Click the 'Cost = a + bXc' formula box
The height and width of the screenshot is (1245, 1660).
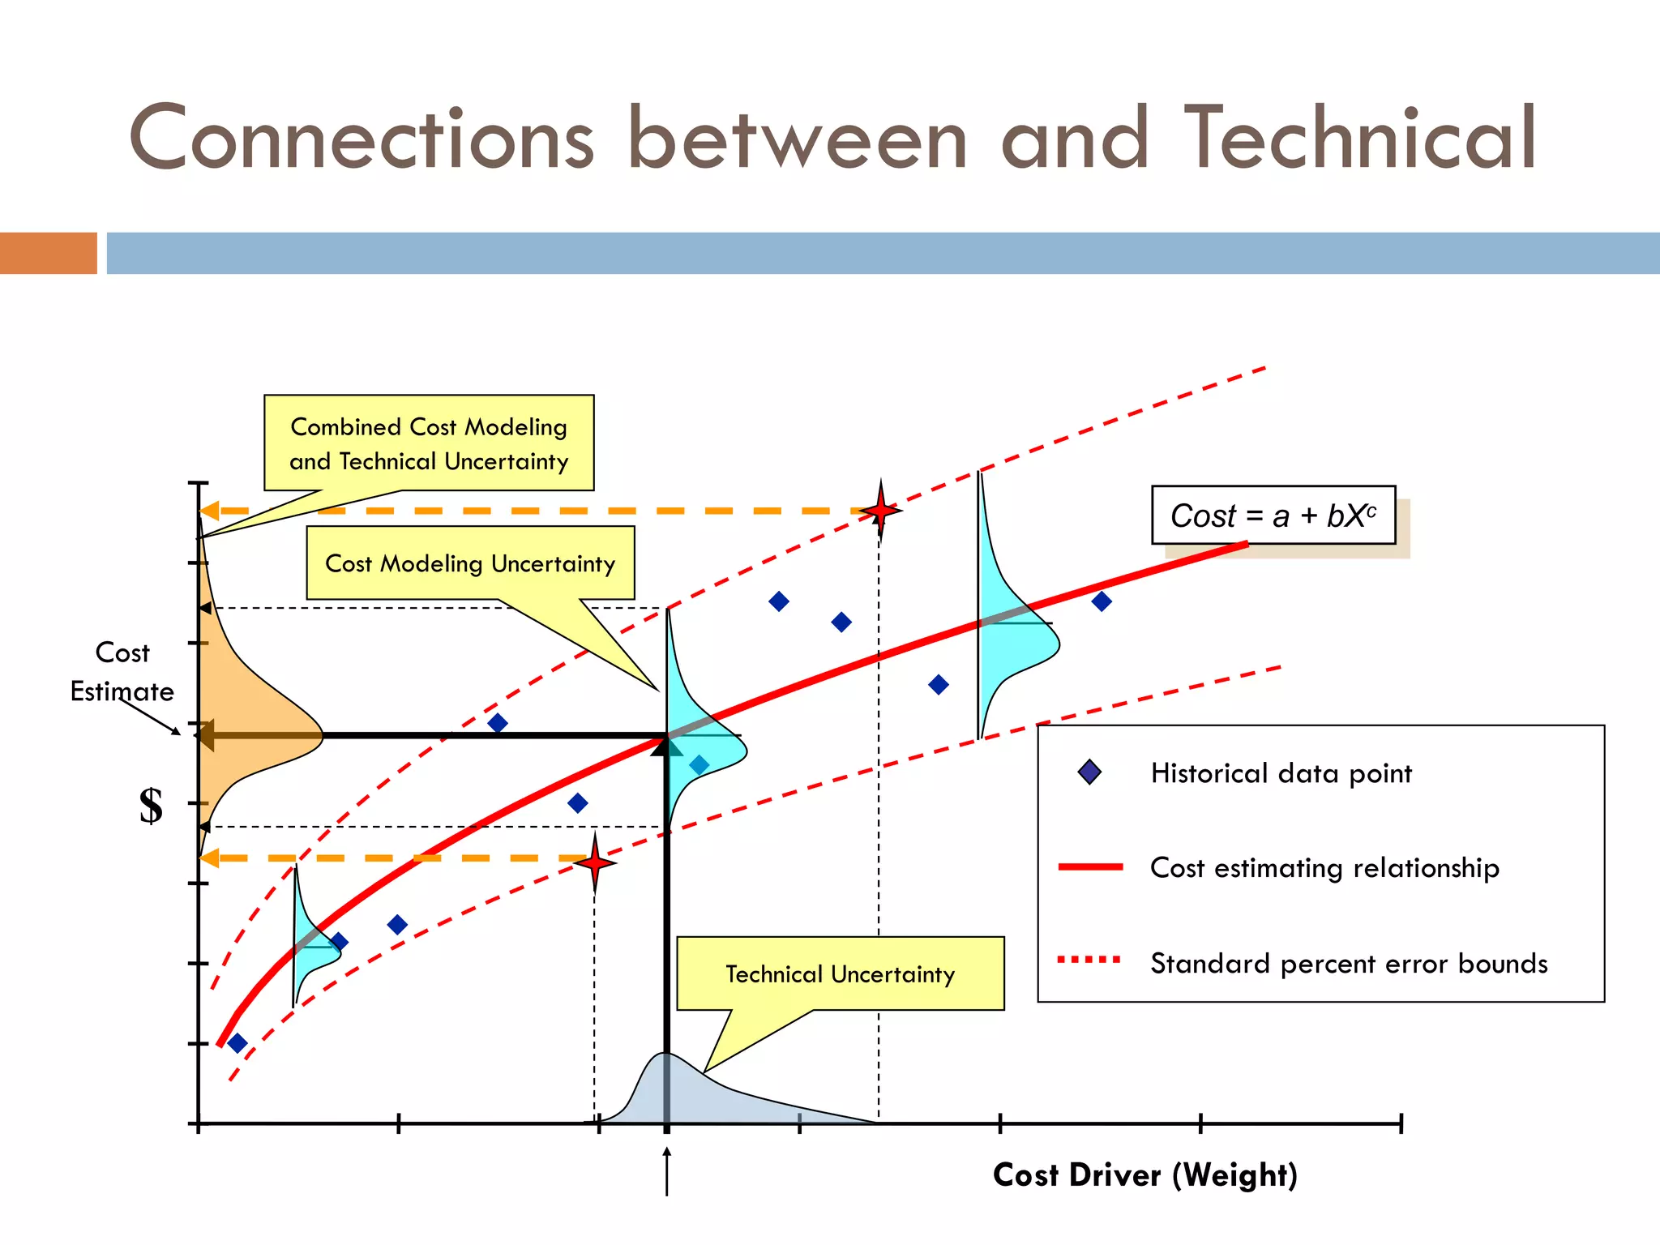(1273, 516)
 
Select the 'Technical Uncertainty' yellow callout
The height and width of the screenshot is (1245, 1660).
(840, 973)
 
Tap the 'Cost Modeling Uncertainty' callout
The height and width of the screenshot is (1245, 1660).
(470, 563)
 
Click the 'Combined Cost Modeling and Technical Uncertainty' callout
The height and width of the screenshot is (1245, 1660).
(429, 443)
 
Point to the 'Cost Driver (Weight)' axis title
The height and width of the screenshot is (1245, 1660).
(1144, 1174)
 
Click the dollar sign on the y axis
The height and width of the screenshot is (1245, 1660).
(151, 806)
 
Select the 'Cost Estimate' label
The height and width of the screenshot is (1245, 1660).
(122, 672)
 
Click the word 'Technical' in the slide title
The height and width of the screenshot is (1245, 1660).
(1360, 139)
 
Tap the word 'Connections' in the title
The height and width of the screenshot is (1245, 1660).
(362, 139)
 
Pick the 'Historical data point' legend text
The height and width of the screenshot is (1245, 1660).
(1281, 773)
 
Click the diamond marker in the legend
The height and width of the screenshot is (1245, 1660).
(1089, 772)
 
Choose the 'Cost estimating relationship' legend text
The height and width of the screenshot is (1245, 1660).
(1324, 868)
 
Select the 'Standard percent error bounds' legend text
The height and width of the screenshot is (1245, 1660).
(1349, 963)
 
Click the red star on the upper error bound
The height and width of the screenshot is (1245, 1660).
(880, 511)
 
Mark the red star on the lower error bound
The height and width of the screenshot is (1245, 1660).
(595, 862)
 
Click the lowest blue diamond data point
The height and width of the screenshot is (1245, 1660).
(237, 1043)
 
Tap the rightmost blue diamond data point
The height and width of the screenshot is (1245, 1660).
(1101, 601)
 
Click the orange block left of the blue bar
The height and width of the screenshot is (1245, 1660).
(49, 253)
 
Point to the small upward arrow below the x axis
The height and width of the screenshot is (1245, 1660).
(666, 1171)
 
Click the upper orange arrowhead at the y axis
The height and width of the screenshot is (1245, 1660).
(209, 511)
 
